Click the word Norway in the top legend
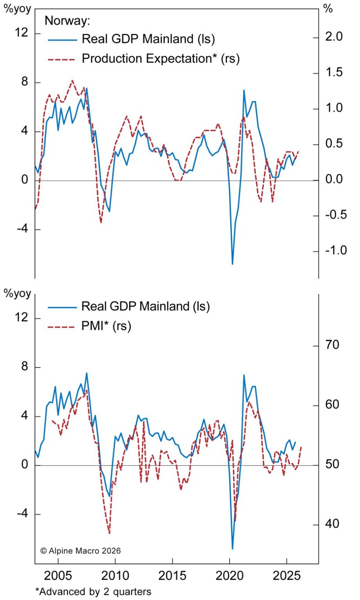[67, 20]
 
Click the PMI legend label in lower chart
[106, 326]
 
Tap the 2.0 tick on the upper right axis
[333, 37]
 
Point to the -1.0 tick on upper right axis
[336, 250]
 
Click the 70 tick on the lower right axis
[332, 345]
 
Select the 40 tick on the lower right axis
[332, 524]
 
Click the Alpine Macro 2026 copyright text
[81, 551]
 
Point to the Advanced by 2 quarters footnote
[93, 592]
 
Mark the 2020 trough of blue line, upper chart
[232, 264]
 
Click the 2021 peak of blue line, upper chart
[244, 90]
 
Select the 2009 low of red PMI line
[109, 533]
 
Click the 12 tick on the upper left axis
[22, 33]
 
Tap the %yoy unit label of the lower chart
[18, 294]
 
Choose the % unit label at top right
[328, 9]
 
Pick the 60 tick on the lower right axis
[332, 405]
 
